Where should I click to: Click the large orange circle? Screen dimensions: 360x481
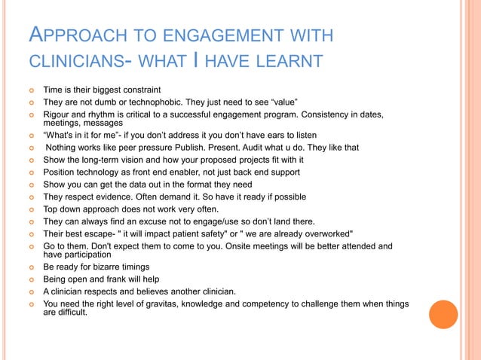tap(443, 315)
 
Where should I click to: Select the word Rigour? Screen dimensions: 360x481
tap(58, 114)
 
